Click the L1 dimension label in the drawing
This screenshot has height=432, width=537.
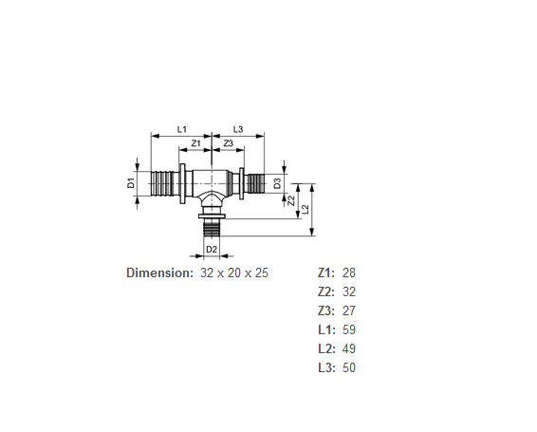tap(181, 129)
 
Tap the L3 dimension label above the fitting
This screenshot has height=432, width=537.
tap(238, 129)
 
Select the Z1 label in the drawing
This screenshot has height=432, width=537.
tap(195, 143)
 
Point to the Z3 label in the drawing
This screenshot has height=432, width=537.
tap(229, 143)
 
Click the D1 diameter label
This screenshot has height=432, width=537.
tap(131, 183)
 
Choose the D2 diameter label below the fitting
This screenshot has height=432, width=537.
tap(212, 250)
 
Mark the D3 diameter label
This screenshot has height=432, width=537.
tap(277, 183)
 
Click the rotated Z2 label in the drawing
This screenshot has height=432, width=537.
tap(291, 200)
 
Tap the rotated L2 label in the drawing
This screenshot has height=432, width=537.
tap(306, 209)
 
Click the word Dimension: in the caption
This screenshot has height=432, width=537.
tap(160, 272)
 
